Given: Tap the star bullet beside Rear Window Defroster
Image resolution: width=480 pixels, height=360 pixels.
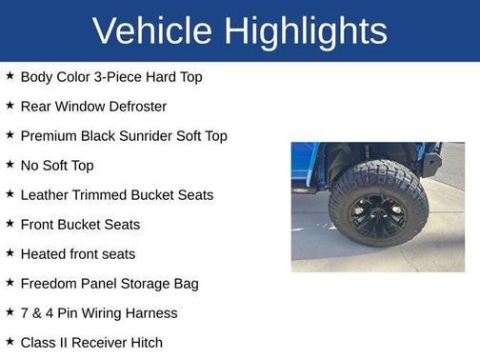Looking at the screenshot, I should pyautogui.click(x=10, y=106).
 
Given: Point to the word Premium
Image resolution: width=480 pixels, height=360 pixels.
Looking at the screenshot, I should pyautogui.click(x=48, y=135).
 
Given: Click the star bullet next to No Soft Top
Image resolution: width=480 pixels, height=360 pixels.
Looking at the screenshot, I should pyautogui.click(x=10, y=165).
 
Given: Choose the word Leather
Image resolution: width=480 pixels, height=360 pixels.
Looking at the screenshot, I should pyautogui.click(x=47, y=194).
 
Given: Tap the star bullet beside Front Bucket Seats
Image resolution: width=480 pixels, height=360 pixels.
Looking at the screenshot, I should pyautogui.click(x=10, y=224).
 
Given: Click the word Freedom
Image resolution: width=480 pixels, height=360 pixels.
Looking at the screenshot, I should pyautogui.click(x=50, y=283).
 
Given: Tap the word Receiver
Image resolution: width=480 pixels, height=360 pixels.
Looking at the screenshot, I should pyautogui.click(x=91, y=342).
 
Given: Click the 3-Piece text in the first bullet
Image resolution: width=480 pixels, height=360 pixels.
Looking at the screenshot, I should pyautogui.click(x=125, y=76).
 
